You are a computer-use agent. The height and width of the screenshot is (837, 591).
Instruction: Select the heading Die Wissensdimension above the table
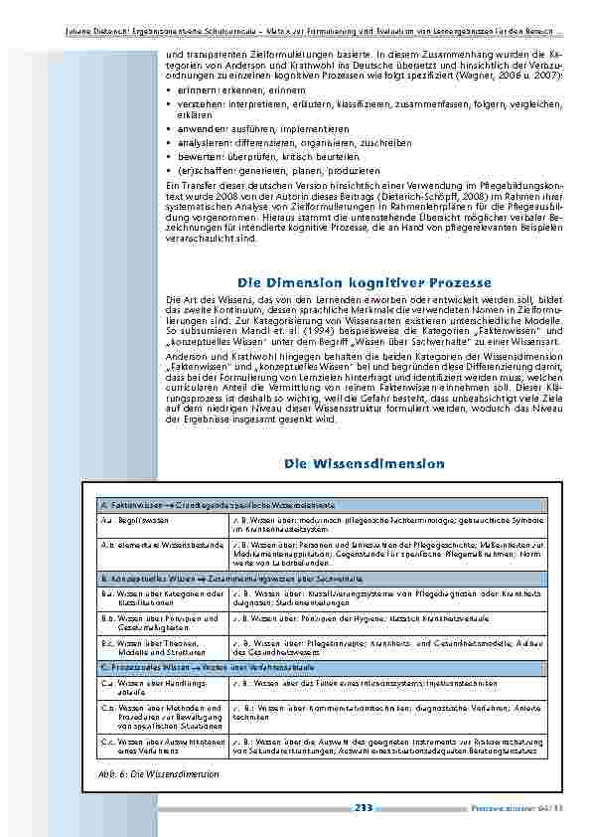tap(365, 463)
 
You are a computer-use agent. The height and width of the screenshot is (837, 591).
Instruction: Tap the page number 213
tap(363, 808)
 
